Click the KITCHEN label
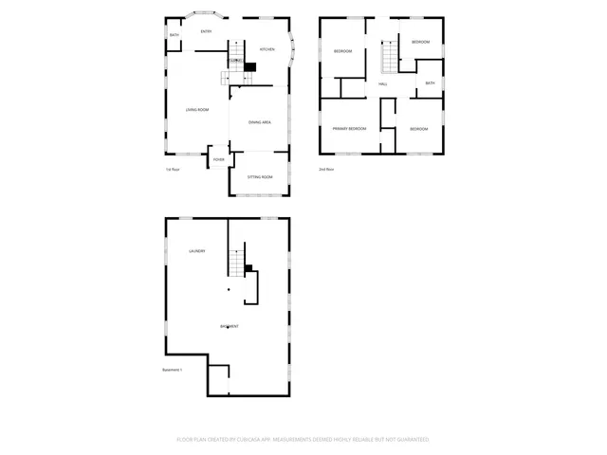click(267, 49)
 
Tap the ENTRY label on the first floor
click(206, 32)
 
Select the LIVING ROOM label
click(196, 110)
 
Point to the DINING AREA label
click(261, 122)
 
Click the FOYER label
click(218, 159)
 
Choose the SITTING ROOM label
click(260, 177)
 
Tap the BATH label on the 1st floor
click(175, 35)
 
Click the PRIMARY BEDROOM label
click(348, 128)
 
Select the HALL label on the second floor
click(383, 84)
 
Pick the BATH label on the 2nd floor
click(430, 83)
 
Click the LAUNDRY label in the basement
click(197, 251)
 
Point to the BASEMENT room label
click(230, 326)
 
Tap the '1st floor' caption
click(173, 170)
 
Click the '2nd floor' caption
click(326, 170)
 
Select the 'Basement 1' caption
click(173, 370)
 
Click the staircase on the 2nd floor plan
click(388, 59)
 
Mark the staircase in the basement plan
click(236, 261)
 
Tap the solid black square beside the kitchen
click(251, 66)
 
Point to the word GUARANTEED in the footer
click(411, 440)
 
